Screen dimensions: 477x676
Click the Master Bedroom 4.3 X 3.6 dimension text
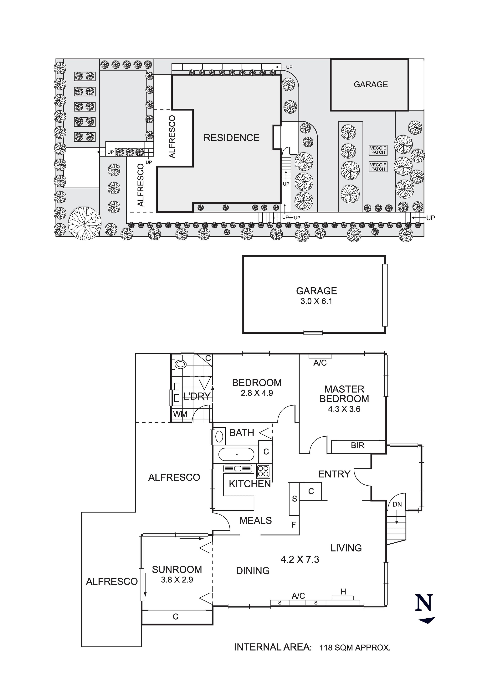(344, 409)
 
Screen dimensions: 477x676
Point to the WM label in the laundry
(180, 414)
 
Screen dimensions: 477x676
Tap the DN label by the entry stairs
(397, 504)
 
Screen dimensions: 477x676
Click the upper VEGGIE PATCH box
(378, 150)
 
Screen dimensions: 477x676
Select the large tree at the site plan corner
(85, 223)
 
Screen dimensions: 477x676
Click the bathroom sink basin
(219, 436)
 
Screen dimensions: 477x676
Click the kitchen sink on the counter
(238, 469)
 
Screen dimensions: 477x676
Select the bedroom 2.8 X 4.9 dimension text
(257, 393)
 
